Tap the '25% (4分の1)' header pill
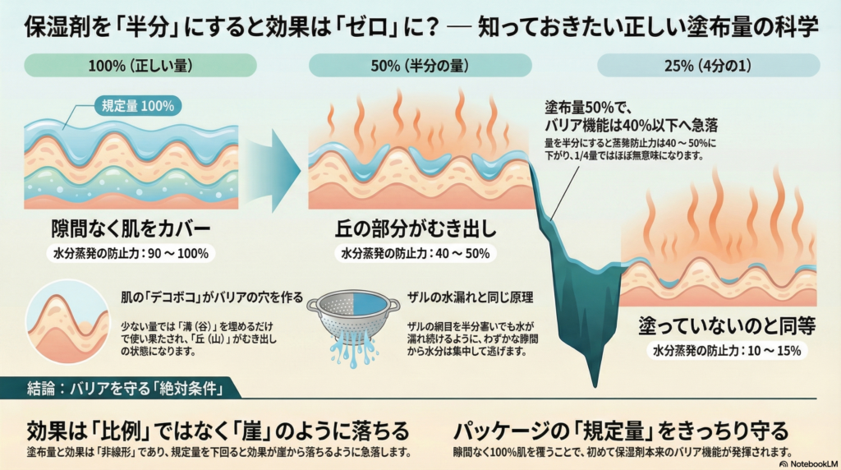click(708, 65)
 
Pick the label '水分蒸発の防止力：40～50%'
click(415, 253)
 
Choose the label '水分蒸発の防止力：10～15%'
click(727, 351)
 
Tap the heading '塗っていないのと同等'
click(727, 325)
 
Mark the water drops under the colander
click(352, 353)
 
